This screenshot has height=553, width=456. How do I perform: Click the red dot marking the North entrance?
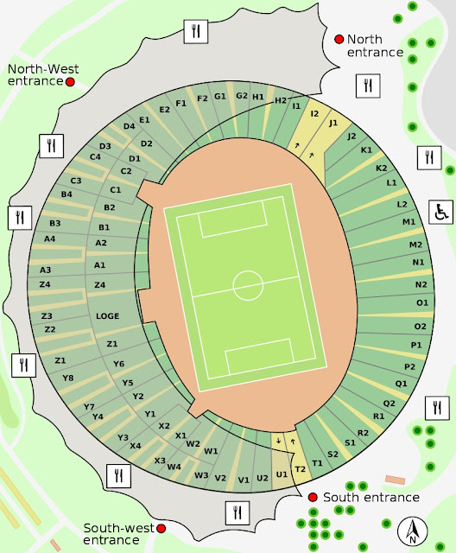click(x=339, y=39)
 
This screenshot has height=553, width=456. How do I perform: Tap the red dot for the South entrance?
click(x=313, y=497)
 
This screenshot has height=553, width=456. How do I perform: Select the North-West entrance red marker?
click(x=71, y=81)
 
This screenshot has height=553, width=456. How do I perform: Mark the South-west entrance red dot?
click(x=159, y=527)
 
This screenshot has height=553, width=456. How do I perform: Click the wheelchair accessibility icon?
click(x=440, y=211)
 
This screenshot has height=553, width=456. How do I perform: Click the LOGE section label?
click(x=108, y=316)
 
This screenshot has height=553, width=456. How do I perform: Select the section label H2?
click(x=280, y=100)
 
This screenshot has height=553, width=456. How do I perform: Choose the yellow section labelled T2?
click(x=301, y=469)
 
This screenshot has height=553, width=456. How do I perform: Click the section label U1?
click(x=281, y=474)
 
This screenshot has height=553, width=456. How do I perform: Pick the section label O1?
click(x=421, y=303)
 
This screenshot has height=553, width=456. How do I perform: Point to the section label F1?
click(x=180, y=104)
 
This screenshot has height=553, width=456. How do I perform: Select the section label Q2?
click(x=389, y=404)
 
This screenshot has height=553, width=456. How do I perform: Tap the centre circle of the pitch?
click(x=248, y=283)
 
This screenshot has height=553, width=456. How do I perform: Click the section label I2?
click(x=315, y=113)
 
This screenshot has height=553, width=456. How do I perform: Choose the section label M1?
click(x=408, y=222)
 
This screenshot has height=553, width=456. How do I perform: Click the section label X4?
click(x=136, y=446)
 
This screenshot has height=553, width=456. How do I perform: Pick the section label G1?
click(x=220, y=96)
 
